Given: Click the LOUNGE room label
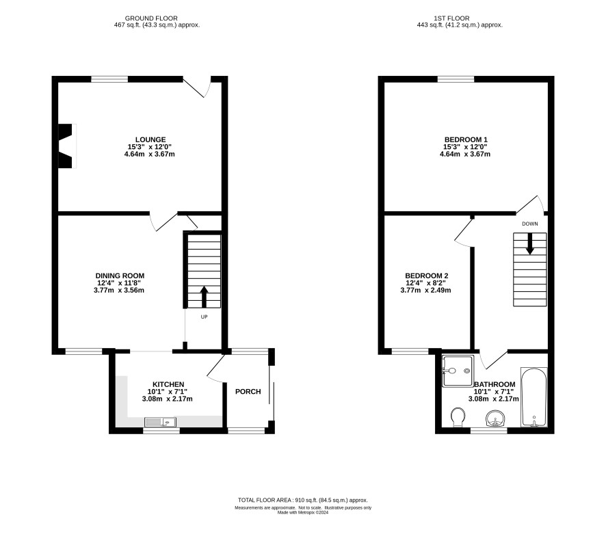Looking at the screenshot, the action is (150, 139).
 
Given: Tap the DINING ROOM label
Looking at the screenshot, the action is (120, 276).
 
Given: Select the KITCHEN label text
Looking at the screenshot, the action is (168, 384).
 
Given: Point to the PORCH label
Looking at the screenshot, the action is (248, 391).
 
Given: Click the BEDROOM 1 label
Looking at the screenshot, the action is (466, 139).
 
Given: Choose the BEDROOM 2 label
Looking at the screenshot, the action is (427, 276).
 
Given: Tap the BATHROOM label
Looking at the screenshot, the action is (495, 384).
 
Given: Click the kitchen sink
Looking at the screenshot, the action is (160, 422).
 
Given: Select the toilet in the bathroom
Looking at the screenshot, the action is (458, 417).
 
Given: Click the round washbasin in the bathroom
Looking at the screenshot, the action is (495, 418).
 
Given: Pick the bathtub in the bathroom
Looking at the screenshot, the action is (534, 397).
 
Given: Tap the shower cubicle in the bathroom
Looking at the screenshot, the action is (458, 371).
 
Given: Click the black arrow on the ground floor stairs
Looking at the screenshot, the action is (204, 297).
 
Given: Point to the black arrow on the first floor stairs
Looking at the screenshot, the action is (530, 243).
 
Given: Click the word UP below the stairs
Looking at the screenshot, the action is (204, 317).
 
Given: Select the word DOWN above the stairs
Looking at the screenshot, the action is (530, 224).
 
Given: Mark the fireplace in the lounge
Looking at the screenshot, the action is (66, 146).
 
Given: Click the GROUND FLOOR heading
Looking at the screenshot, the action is (151, 18).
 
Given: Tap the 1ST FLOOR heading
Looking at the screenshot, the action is (451, 18).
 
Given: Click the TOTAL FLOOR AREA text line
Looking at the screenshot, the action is (302, 500).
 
